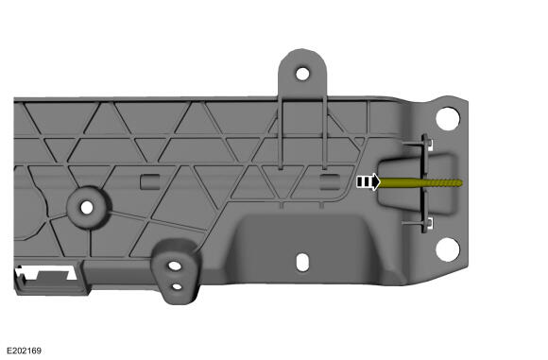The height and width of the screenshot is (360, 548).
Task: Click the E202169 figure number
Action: coord(24,351)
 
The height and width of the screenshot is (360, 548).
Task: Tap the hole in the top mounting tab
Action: coord(302,74)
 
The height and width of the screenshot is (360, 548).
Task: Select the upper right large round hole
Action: coord(447,119)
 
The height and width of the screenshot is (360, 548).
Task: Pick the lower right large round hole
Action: coord(447,249)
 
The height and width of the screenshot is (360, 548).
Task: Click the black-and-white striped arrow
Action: coord(368,181)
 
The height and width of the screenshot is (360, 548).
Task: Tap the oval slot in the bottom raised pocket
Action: coord(302,262)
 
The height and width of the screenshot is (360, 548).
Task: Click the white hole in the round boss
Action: coord(87,208)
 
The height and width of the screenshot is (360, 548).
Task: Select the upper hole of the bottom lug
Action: coord(175,266)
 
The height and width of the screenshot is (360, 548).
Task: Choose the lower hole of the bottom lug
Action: coord(178,286)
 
